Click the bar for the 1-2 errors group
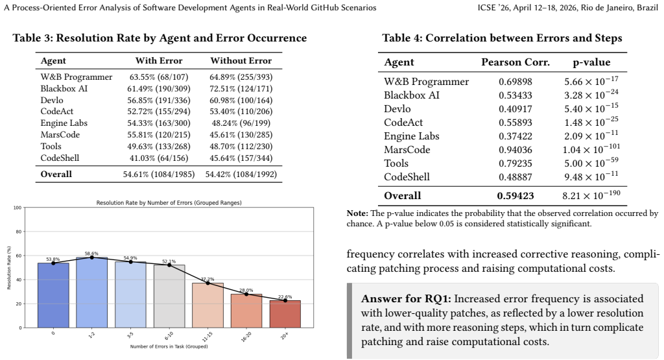pyautogui.click(x=91, y=293)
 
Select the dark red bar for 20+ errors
pyautogui.click(x=285, y=314)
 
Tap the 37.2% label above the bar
pyautogui.click(x=207, y=280)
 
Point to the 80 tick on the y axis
pyautogui.click(x=18, y=232)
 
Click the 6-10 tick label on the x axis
pyautogui.click(x=169, y=336)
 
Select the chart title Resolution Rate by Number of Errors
pyautogui.click(x=169, y=203)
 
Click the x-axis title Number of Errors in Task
pyautogui.click(x=169, y=346)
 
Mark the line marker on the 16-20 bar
pyautogui.click(x=246, y=294)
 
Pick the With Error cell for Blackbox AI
pyautogui.click(x=159, y=88)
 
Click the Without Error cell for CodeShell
pyautogui.click(x=241, y=158)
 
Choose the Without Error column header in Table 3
pyautogui.click(x=241, y=60)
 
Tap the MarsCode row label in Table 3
pyautogui.click(x=60, y=135)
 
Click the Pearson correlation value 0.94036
pyautogui.click(x=516, y=150)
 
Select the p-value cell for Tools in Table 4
pyautogui.click(x=591, y=163)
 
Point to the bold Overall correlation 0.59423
pyautogui.click(x=516, y=196)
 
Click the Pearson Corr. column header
pyautogui.click(x=516, y=62)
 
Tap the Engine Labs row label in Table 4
pyautogui.click(x=412, y=136)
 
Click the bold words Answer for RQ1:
pyautogui.click(x=406, y=298)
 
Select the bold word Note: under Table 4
pyautogui.click(x=357, y=213)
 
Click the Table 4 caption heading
pyautogui.click(x=503, y=38)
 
